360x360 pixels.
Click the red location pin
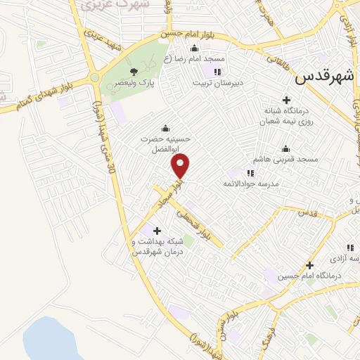(x=181, y=167)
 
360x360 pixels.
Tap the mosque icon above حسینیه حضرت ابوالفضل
(x=165, y=128)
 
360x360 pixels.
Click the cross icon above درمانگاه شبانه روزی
(x=285, y=100)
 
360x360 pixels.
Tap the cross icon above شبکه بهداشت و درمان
(x=156, y=231)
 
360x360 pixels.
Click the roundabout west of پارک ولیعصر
(x=94, y=78)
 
